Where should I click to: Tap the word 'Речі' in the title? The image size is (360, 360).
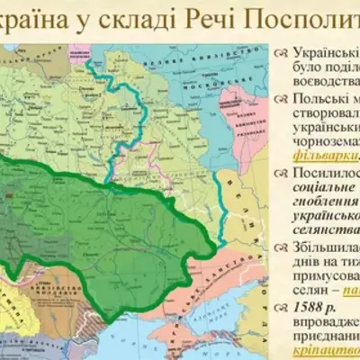214,21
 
